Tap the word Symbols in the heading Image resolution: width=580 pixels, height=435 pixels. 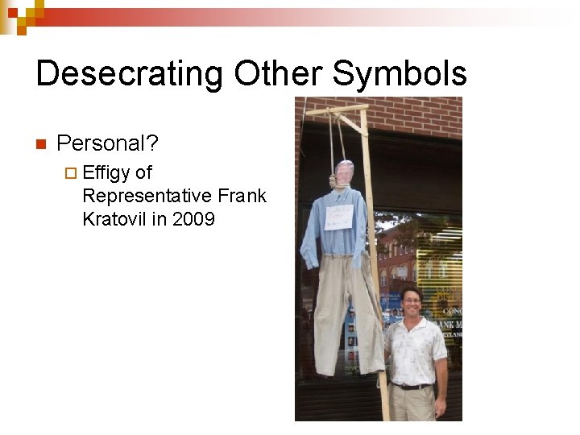(400, 74)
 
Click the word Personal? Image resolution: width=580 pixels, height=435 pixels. (108, 143)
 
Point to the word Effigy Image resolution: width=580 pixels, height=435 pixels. (106, 172)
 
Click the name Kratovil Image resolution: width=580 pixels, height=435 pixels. (114, 219)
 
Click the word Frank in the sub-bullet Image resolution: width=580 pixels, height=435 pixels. (242, 196)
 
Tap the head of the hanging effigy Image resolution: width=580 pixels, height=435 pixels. (344, 173)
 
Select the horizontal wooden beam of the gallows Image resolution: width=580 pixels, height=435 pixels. (337, 108)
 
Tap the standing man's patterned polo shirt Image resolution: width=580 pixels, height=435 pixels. (414, 350)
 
